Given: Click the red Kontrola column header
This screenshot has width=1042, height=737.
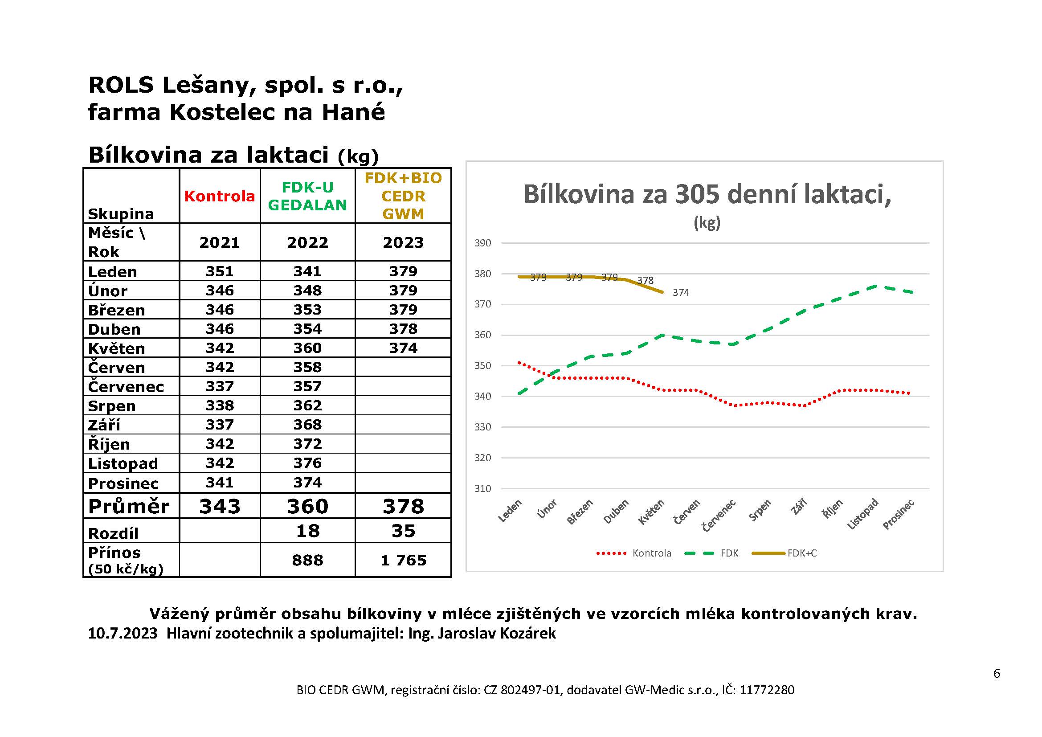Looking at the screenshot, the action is [220, 196].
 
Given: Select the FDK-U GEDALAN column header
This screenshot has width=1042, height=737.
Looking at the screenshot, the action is [308, 196].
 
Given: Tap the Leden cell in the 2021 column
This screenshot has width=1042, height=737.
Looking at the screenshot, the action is [220, 271].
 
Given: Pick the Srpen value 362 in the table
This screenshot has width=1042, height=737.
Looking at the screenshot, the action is [308, 405].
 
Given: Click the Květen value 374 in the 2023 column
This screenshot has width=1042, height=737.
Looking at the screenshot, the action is [403, 348].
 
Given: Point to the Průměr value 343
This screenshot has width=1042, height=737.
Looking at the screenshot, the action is [220, 506].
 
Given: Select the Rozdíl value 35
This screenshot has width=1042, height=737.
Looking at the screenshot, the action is [403, 531].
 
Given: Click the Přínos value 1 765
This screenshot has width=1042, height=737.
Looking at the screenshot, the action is [403, 561].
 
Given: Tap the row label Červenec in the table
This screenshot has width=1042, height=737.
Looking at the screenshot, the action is [126, 386].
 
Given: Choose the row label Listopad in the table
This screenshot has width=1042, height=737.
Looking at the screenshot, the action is [123, 463].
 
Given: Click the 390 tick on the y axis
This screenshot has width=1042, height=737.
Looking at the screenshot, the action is [483, 243].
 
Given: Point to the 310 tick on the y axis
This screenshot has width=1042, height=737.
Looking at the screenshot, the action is [483, 489].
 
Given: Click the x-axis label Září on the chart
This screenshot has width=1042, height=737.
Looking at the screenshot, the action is [798, 507].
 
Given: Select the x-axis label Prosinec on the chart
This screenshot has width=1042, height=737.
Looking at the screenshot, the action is [898, 514].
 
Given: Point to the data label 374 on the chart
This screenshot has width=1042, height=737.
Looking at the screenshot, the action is [681, 293].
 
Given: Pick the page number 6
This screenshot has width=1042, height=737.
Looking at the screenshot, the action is [997, 673].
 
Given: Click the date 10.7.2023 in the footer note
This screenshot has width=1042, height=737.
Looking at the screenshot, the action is [123, 633].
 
